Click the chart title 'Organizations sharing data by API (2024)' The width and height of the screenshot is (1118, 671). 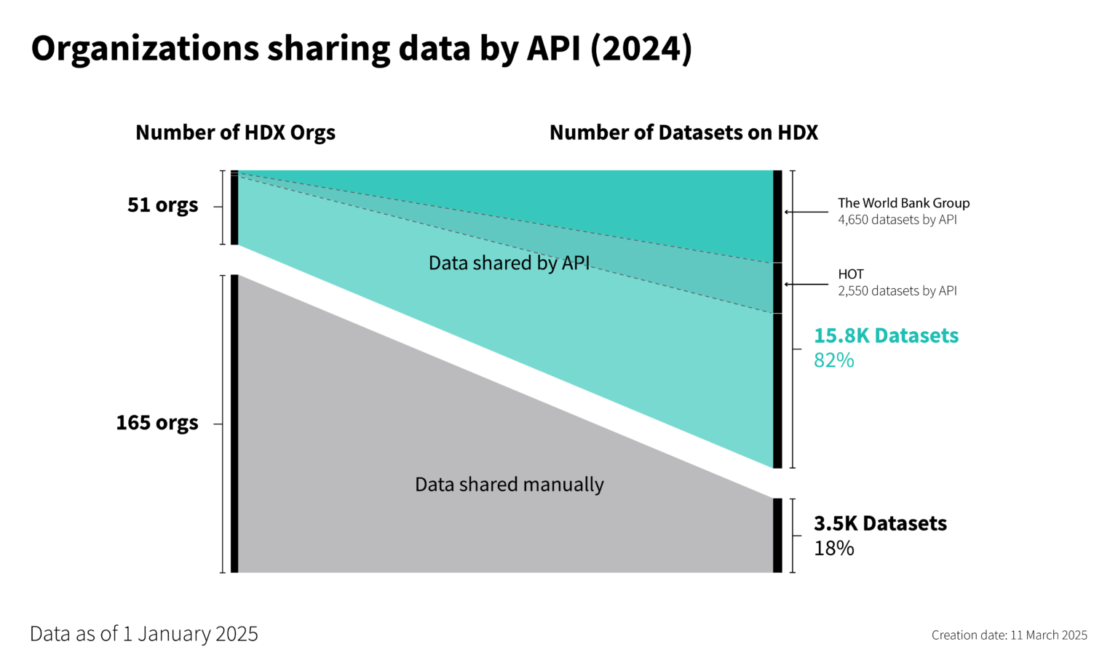coord(361,49)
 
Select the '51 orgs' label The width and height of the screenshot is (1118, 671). coord(162,205)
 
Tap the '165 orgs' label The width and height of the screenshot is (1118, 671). coord(157,423)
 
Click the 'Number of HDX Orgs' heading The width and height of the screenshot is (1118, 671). coord(235,132)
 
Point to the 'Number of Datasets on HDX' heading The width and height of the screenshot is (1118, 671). coord(683,132)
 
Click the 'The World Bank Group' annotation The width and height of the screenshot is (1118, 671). coord(903,203)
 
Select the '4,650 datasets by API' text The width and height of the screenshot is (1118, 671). coord(897,220)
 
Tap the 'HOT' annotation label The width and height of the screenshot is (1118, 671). coord(850,274)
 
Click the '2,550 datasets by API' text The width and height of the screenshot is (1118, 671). coord(897,291)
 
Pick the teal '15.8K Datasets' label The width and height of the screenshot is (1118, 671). coord(886,335)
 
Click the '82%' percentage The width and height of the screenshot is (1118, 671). coord(833,360)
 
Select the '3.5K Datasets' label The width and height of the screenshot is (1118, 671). coord(880,523)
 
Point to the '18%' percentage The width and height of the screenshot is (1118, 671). coord(833,548)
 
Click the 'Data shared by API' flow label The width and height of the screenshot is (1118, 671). coord(509,263)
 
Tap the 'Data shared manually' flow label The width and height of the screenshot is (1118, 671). coord(509,485)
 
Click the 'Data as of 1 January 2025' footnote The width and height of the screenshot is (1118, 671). coord(144,634)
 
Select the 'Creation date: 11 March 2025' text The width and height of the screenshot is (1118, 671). coord(1009,635)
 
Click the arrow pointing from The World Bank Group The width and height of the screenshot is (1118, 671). coord(806,212)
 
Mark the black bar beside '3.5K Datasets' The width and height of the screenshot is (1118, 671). coord(777,535)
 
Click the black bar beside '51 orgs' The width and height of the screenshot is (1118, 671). coord(234,208)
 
